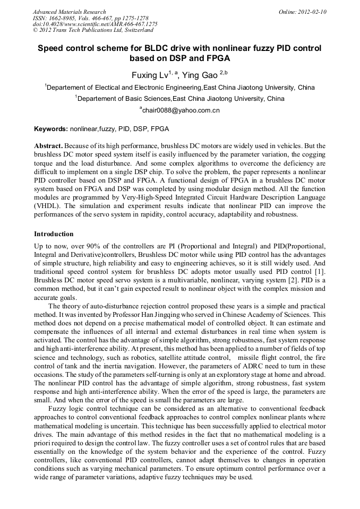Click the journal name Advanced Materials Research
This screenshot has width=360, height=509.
pyautogui.click(x=69, y=12)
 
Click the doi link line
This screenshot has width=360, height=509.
pyautogui.click(x=95, y=24)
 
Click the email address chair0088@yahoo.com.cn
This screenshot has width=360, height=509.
pyautogui.click(x=181, y=110)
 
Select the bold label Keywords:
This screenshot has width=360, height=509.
pyautogui.click(x=51, y=128)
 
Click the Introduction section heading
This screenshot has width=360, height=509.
pyautogui.click(x=54, y=234)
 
